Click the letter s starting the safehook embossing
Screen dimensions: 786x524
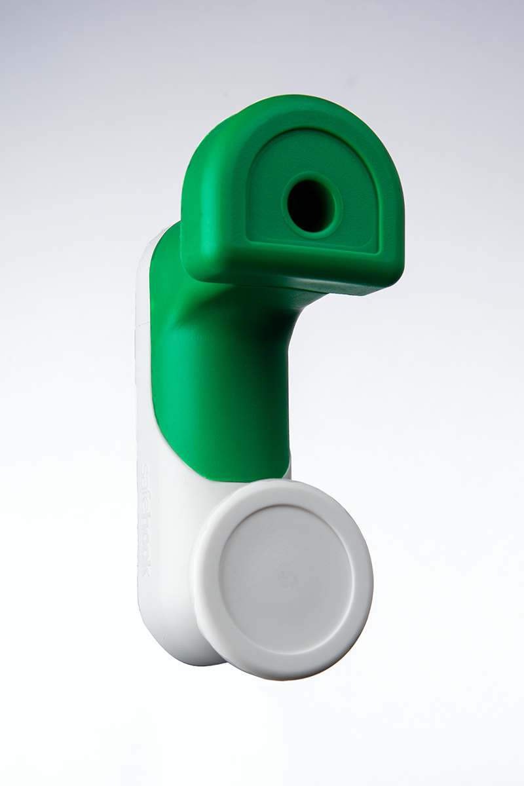[x=146, y=468]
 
